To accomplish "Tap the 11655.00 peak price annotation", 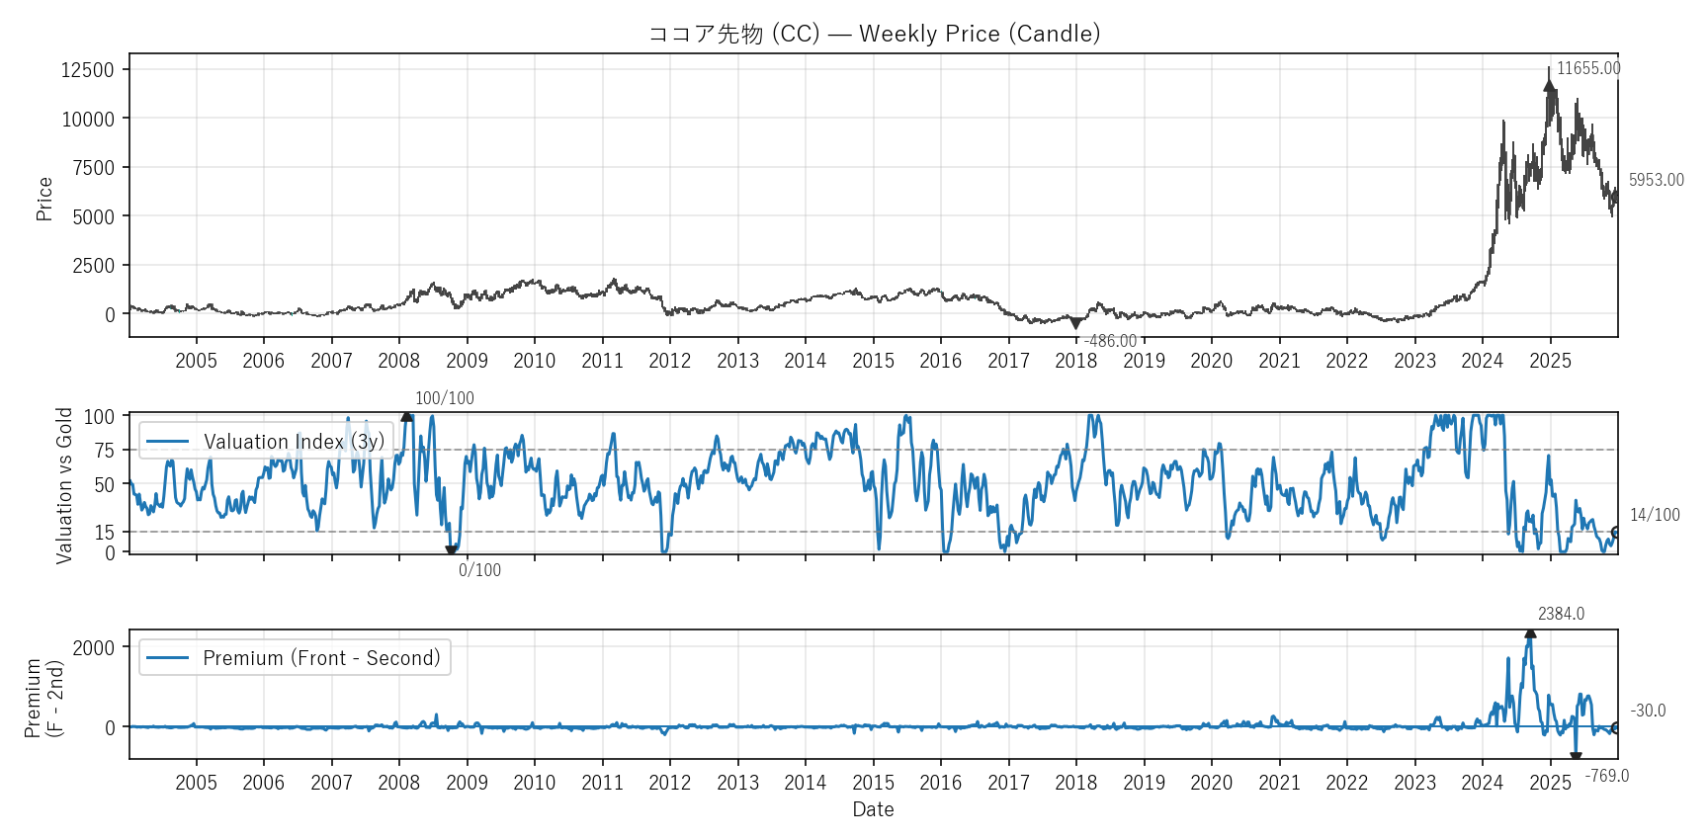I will (x=1588, y=68).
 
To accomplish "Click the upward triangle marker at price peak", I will (x=1549, y=85).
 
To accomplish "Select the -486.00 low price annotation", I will (x=1110, y=341).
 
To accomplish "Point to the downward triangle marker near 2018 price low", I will (x=1075, y=323).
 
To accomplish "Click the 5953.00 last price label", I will (x=1656, y=180).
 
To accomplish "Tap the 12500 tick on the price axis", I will (x=88, y=69).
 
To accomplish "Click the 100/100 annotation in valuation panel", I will (x=444, y=398).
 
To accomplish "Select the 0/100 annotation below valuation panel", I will (x=479, y=570).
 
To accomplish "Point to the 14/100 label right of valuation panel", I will (x=1655, y=515).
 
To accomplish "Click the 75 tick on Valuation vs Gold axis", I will (x=105, y=451).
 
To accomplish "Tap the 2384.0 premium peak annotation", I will (x=1561, y=614).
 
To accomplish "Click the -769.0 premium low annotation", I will (x=1606, y=776).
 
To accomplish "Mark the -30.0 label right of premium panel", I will (x=1648, y=711).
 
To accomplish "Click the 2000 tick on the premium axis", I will (x=94, y=647).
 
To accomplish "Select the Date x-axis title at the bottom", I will (x=873, y=809).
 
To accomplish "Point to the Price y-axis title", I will (x=44, y=198).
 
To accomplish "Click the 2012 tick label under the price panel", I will (x=669, y=361).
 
